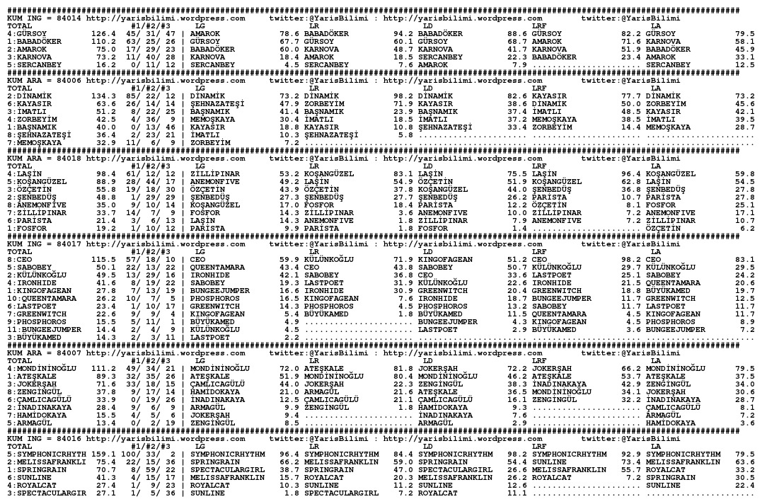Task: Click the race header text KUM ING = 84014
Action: (44, 19)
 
